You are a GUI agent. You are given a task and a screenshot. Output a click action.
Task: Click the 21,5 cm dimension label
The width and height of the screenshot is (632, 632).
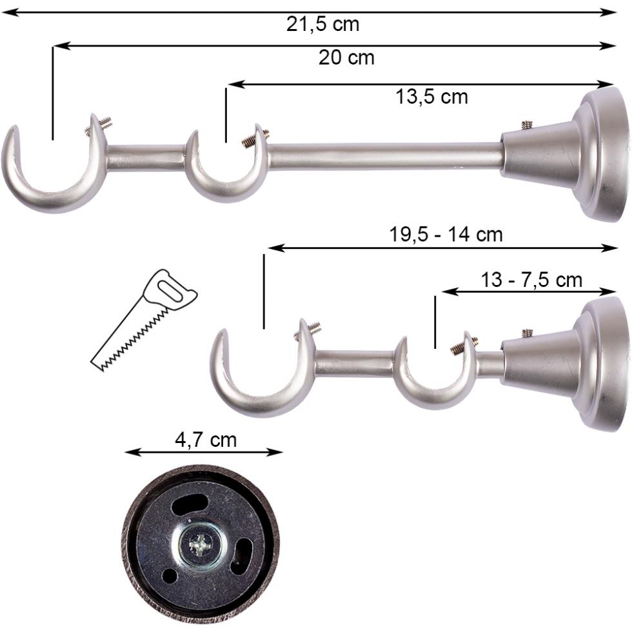click(322, 25)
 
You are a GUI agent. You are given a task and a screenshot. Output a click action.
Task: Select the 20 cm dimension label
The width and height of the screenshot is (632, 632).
click(346, 58)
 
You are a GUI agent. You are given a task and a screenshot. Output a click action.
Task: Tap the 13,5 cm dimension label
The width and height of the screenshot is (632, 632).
click(431, 97)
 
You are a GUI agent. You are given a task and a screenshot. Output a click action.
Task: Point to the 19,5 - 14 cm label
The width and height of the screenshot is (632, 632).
click(446, 235)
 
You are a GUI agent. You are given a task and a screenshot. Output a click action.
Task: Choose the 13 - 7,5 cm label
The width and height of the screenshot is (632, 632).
click(531, 281)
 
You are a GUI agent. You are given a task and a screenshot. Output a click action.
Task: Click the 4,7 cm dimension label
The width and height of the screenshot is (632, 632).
click(206, 440)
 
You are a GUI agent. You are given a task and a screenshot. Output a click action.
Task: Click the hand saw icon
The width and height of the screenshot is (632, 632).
click(144, 321)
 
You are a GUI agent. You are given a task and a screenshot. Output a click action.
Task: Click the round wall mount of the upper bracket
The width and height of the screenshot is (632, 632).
click(603, 154)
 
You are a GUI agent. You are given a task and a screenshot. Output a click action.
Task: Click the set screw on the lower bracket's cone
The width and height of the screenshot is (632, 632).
click(527, 333)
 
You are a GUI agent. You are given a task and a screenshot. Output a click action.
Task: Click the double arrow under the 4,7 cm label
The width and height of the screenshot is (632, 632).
click(204, 452)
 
